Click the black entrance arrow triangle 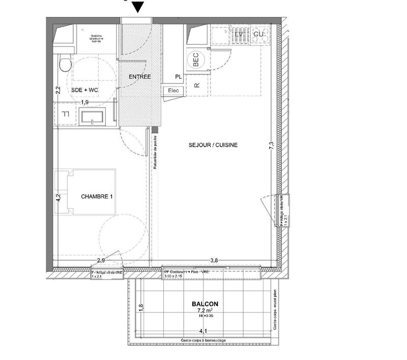(x=138, y=7)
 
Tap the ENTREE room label (x=139, y=77)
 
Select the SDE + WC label (x=85, y=90)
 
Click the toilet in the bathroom (x=65, y=64)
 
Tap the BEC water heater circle (x=196, y=60)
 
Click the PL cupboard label (x=178, y=77)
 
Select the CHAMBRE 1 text (x=97, y=197)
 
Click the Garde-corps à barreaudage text (x=203, y=340)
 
